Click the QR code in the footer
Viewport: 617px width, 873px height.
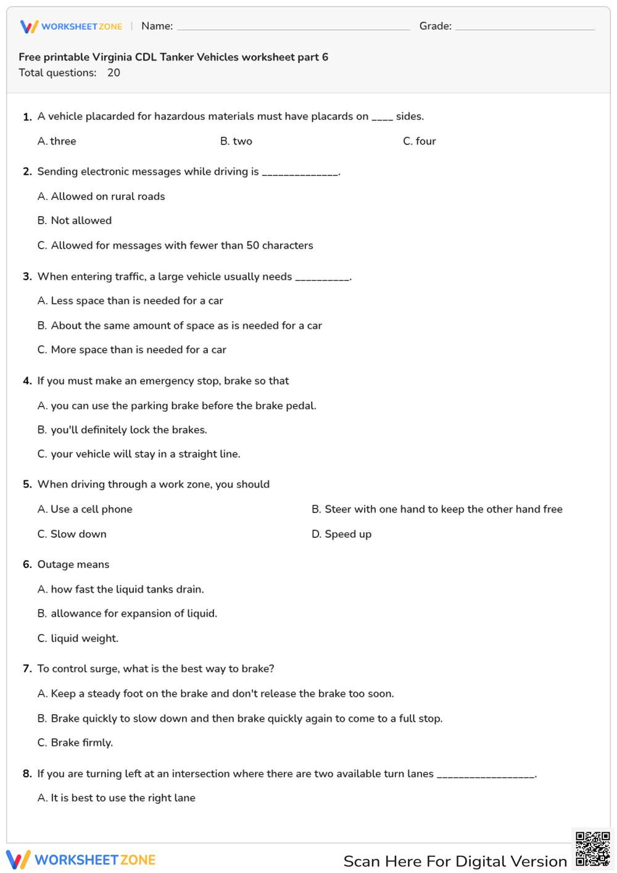(x=592, y=849)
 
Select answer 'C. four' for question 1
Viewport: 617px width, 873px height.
(x=420, y=141)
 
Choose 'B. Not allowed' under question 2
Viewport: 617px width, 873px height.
(x=75, y=220)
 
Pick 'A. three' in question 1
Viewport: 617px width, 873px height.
(x=57, y=141)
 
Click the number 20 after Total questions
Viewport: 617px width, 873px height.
(x=114, y=73)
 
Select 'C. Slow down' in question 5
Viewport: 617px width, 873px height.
(x=72, y=534)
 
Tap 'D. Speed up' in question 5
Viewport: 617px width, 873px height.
(x=341, y=534)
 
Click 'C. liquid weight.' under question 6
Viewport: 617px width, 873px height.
(x=78, y=638)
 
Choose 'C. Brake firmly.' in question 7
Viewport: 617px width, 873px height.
(x=75, y=743)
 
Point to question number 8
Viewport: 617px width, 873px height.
(x=27, y=774)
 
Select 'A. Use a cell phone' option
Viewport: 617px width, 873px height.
(x=85, y=509)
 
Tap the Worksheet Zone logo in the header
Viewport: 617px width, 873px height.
(x=72, y=27)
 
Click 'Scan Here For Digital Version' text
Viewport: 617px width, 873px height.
(x=455, y=861)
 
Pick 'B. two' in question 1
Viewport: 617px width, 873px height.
(x=236, y=141)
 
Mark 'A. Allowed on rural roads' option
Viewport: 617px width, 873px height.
(x=101, y=196)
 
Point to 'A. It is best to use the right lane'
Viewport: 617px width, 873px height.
(x=117, y=798)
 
